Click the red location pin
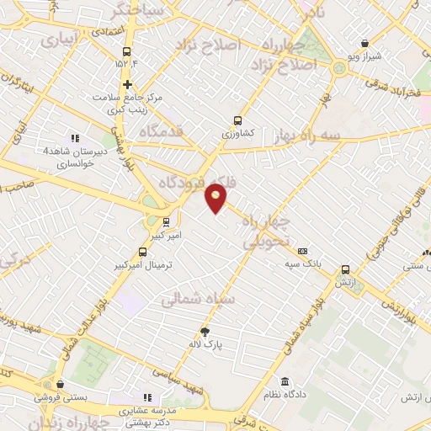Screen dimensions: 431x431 tap(216, 197)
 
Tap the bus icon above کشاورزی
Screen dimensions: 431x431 tap(237, 120)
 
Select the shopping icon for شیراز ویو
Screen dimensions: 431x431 tap(364, 43)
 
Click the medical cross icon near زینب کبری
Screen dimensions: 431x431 tap(127, 84)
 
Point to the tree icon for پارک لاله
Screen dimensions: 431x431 tap(205, 332)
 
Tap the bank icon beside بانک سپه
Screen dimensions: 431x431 tap(303, 251)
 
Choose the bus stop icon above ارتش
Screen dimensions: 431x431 tap(345, 270)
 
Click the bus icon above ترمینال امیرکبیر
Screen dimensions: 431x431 tap(142, 252)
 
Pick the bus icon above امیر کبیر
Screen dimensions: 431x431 tap(165, 222)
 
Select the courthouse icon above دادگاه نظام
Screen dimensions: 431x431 tap(285, 381)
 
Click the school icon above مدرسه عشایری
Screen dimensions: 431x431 tap(147, 397)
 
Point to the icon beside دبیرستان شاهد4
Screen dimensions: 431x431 tap(75, 138)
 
